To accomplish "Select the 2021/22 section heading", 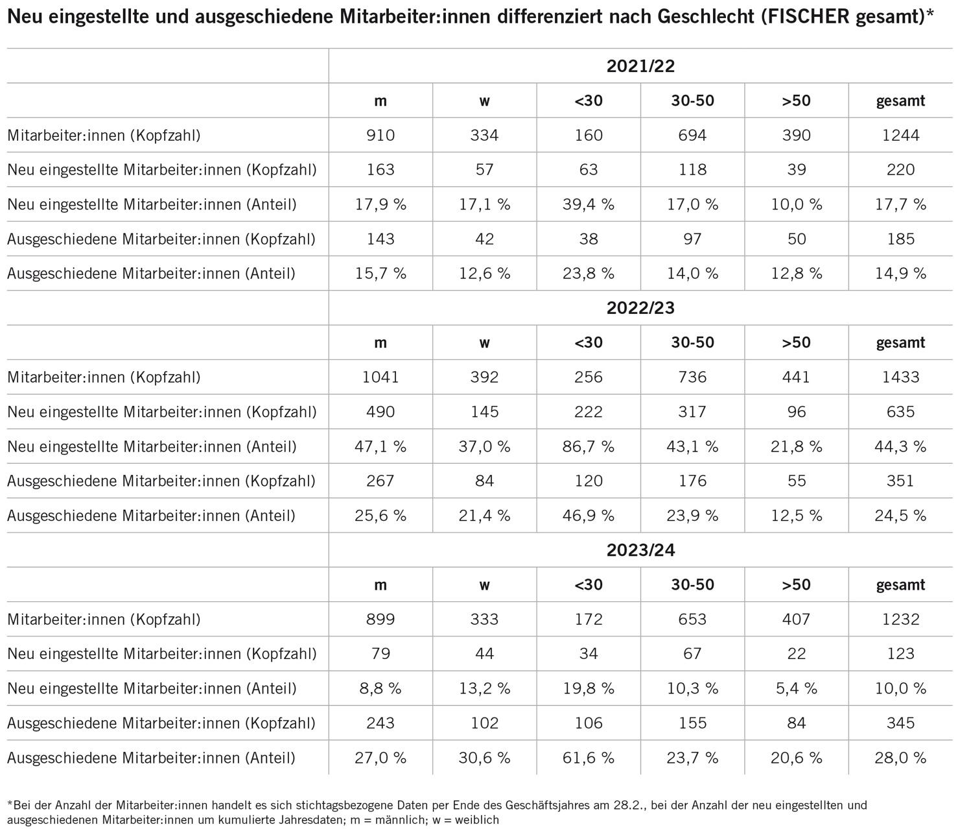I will click(x=640, y=66).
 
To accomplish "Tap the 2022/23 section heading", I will click(x=640, y=308).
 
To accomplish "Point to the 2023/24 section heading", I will click(x=640, y=550).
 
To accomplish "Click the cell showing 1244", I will click(x=900, y=136).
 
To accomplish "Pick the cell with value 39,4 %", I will click(x=589, y=204).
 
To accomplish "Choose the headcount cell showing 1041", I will click(x=380, y=378).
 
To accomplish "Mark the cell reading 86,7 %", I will click(x=589, y=446).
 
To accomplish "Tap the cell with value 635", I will click(x=900, y=412).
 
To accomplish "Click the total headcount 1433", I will click(x=900, y=378).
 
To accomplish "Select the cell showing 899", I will click(x=380, y=619).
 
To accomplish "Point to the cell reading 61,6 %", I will click(x=589, y=758).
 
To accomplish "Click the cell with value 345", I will click(x=900, y=723).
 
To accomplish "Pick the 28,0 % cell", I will click(x=900, y=758).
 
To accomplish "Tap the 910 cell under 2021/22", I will click(x=380, y=136).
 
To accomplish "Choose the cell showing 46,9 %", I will click(x=589, y=516).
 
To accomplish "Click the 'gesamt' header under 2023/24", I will click(x=900, y=585).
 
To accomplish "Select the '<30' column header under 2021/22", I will click(x=589, y=101).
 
